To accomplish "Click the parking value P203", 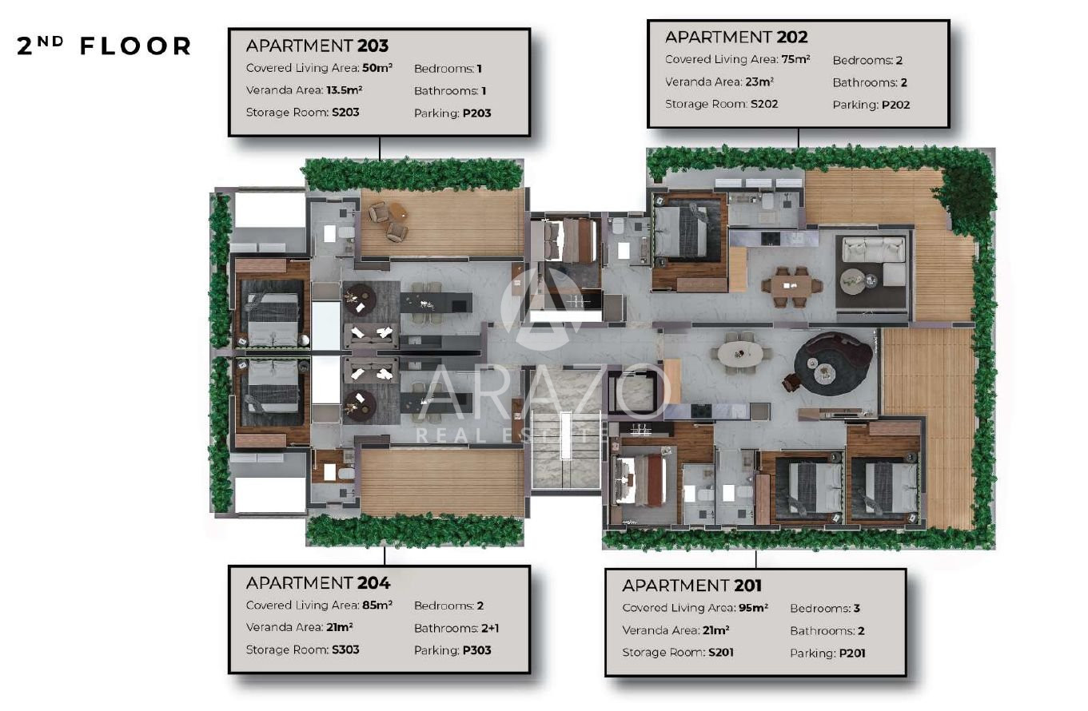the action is pos(476,113).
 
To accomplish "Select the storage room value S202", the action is pos(764,104).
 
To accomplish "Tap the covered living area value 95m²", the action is pos(753,607).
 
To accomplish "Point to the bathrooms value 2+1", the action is pos(490,628).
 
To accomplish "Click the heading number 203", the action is pos(373,46).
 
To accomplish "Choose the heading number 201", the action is pos(747,586).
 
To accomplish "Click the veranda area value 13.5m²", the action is pos(345,89).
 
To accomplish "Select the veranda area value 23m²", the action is pos(759,81).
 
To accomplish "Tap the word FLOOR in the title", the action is pos(136,46).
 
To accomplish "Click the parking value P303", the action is pos(476,649).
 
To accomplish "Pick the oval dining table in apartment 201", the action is pos(739,353).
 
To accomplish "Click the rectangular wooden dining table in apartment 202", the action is pos(791,285).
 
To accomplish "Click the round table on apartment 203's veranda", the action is pos(397,211).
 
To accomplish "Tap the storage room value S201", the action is pos(721,652).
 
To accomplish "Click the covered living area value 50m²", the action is pos(377,67).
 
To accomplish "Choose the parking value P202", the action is pos(895,105).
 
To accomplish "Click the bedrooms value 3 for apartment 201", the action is pos(857,608).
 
